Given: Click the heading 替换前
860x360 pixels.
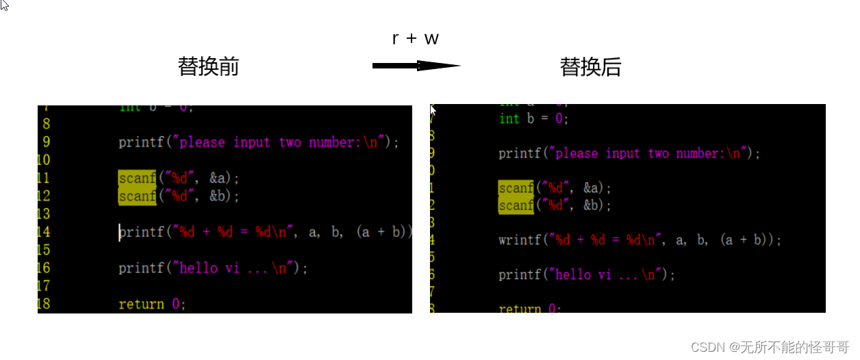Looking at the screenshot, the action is click(x=208, y=66).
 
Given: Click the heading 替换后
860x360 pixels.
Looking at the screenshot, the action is click(x=590, y=66).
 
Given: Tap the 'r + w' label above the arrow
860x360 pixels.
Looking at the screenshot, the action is click(x=415, y=38).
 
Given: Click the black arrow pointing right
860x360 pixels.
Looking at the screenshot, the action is click(x=416, y=66).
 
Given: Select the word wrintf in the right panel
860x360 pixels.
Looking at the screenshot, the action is click(x=521, y=240).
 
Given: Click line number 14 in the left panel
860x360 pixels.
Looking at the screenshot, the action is click(x=43, y=232).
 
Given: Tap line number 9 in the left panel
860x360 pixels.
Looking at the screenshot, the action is click(x=46, y=142).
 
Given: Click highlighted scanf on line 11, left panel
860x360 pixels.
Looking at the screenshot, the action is click(x=137, y=179).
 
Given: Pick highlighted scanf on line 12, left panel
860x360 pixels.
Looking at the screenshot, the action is click(x=137, y=196).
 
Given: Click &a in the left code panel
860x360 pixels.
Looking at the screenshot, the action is click(x=220, y=179).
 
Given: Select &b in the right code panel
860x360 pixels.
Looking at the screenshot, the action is click(x=593, y=205).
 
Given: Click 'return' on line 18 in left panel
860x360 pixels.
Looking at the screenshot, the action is click(x=141, y=304).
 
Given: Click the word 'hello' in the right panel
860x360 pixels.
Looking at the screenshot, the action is click(x=574, y=275).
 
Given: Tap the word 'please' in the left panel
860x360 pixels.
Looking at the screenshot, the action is click(x=202, y=142).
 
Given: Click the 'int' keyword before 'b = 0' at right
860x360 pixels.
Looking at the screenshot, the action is click(x=509, y=118).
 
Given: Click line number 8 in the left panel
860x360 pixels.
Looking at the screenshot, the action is click(x=46, y=124).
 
